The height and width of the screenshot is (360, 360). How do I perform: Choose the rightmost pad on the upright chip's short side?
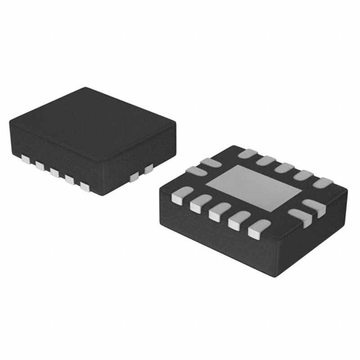click(148, 169)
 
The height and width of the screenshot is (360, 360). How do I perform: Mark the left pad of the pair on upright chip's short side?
click(134, 177)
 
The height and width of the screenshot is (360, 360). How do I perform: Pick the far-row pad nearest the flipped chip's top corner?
click(247, 153)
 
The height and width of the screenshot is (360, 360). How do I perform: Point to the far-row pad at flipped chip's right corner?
click(322, 182)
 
